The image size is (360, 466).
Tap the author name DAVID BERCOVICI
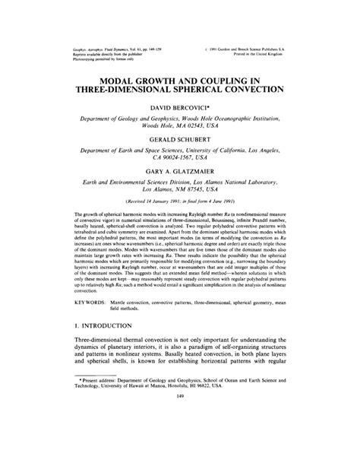[x=179, y=111]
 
